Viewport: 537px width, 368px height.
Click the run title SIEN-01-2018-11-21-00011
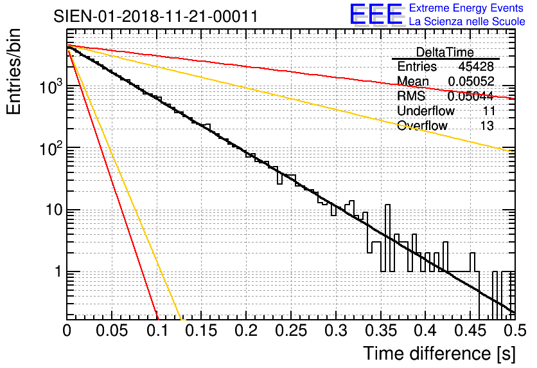156,16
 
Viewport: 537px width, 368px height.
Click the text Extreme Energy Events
466,8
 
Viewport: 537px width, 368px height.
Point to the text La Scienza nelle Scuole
466,22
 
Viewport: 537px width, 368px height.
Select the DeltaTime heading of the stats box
445,52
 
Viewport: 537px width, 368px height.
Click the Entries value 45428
476,67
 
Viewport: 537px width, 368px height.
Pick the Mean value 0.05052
471,81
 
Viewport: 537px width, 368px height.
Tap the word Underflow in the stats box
426,111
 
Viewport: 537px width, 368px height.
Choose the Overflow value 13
487,125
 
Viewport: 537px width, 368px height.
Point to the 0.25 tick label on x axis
291,332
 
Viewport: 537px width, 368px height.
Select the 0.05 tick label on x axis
112,332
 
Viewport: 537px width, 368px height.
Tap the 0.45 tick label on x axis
470,332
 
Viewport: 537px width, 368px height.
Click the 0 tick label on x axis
67,332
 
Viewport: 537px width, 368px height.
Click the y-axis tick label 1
57,271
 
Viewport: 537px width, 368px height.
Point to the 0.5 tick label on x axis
514,332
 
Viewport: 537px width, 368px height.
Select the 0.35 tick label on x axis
380,332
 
